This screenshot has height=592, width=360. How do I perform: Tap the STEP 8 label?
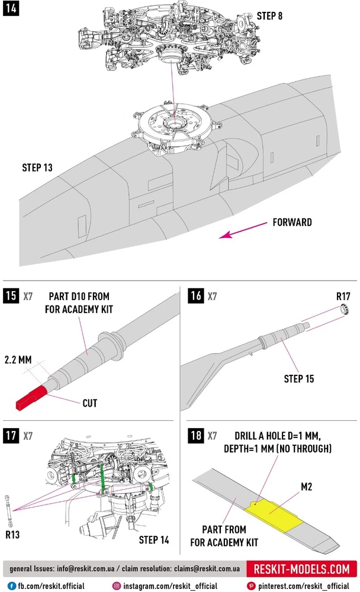coord(269,16)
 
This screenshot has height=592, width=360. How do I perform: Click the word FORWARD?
coord(292,223)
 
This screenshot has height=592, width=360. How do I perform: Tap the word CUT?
coord(89,403)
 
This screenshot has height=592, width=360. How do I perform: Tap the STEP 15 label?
coord(299,378)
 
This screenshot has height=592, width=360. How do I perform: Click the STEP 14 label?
coord(154,539)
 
